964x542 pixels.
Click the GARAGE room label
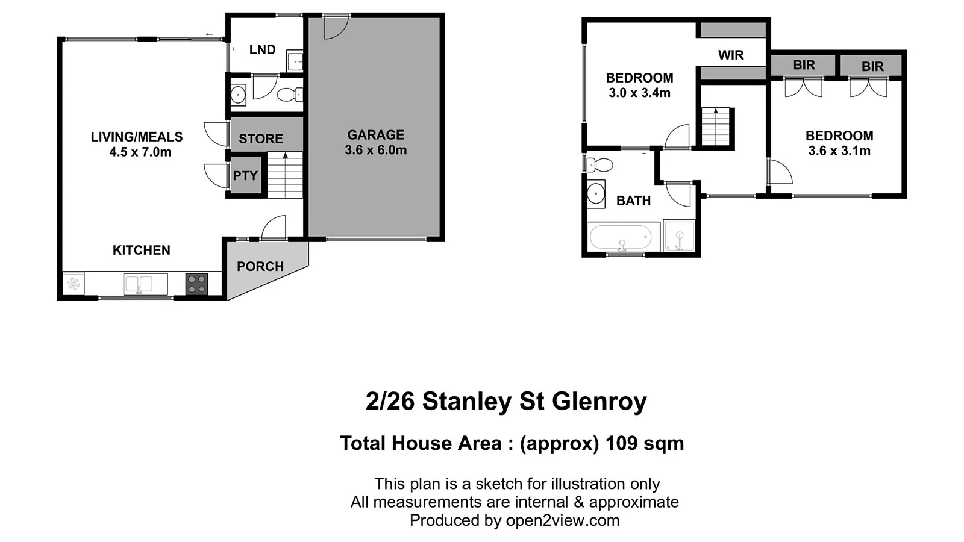(x=375, y=135)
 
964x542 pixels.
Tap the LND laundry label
(x=262, y=50)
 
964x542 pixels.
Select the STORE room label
(x=260, y=139)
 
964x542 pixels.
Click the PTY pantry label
(x=245, y=176)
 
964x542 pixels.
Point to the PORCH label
(x=260, y=267)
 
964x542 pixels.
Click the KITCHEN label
(x=142, y=250)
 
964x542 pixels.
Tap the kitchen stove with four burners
(x=196, y=284)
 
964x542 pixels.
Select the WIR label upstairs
(x=730, y=55)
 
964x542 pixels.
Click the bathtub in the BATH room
(x=620, y=237)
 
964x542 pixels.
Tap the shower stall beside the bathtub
(x=679, y=236)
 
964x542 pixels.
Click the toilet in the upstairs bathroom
(x=599, y=164)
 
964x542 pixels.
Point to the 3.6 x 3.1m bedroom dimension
(x=839, y=151)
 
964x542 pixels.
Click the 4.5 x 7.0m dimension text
(x=140, y=152)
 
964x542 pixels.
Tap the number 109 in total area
(x=621, y=443)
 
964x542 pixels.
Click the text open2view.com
(x=562, y=520)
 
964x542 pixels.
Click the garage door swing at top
(x=335, y=27)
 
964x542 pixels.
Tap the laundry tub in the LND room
(x=295, y=61)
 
